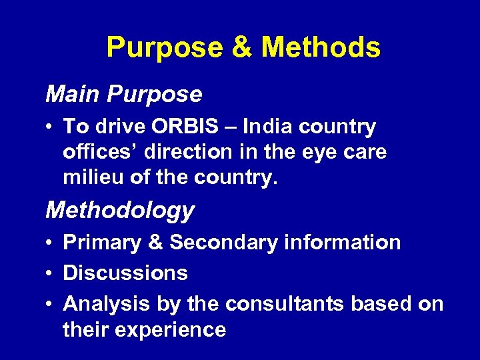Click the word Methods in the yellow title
click(x=321, y=47)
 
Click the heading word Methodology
click(x=120, y=210)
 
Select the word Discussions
click(x=125, y=273)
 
